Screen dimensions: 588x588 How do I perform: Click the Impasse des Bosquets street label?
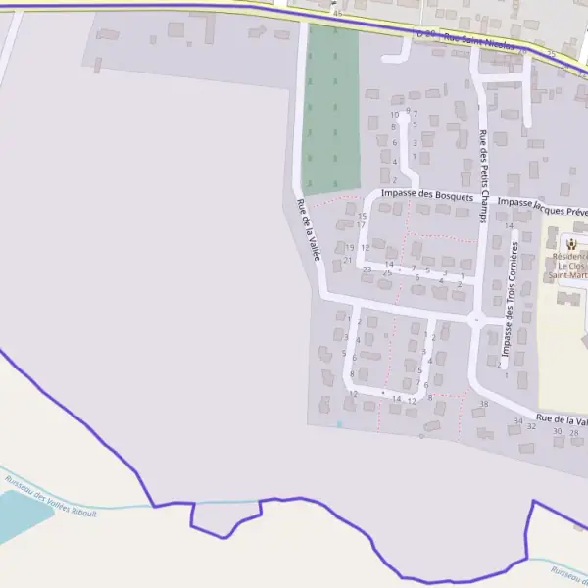coord(427,195)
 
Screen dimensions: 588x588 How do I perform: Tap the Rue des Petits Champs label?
coord(482,176)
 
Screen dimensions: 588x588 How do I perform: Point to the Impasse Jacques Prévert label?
coord(541,205)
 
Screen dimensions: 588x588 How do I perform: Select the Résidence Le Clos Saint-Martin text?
coord(568,265)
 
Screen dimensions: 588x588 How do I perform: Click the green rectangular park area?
coord(331,108)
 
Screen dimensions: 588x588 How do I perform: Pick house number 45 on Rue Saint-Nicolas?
coord(338,14)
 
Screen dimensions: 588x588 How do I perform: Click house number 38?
coord(483,404)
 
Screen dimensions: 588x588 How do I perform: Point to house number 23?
coord(367,269)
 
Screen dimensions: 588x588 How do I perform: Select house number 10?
coord(394,115)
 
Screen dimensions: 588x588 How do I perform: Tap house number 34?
coord(517,420)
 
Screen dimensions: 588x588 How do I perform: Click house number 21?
coord(347,260)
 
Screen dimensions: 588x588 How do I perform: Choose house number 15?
coord(362,216)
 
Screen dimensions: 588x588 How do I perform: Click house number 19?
coord(349,247)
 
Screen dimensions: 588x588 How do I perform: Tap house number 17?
coord(361,225)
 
